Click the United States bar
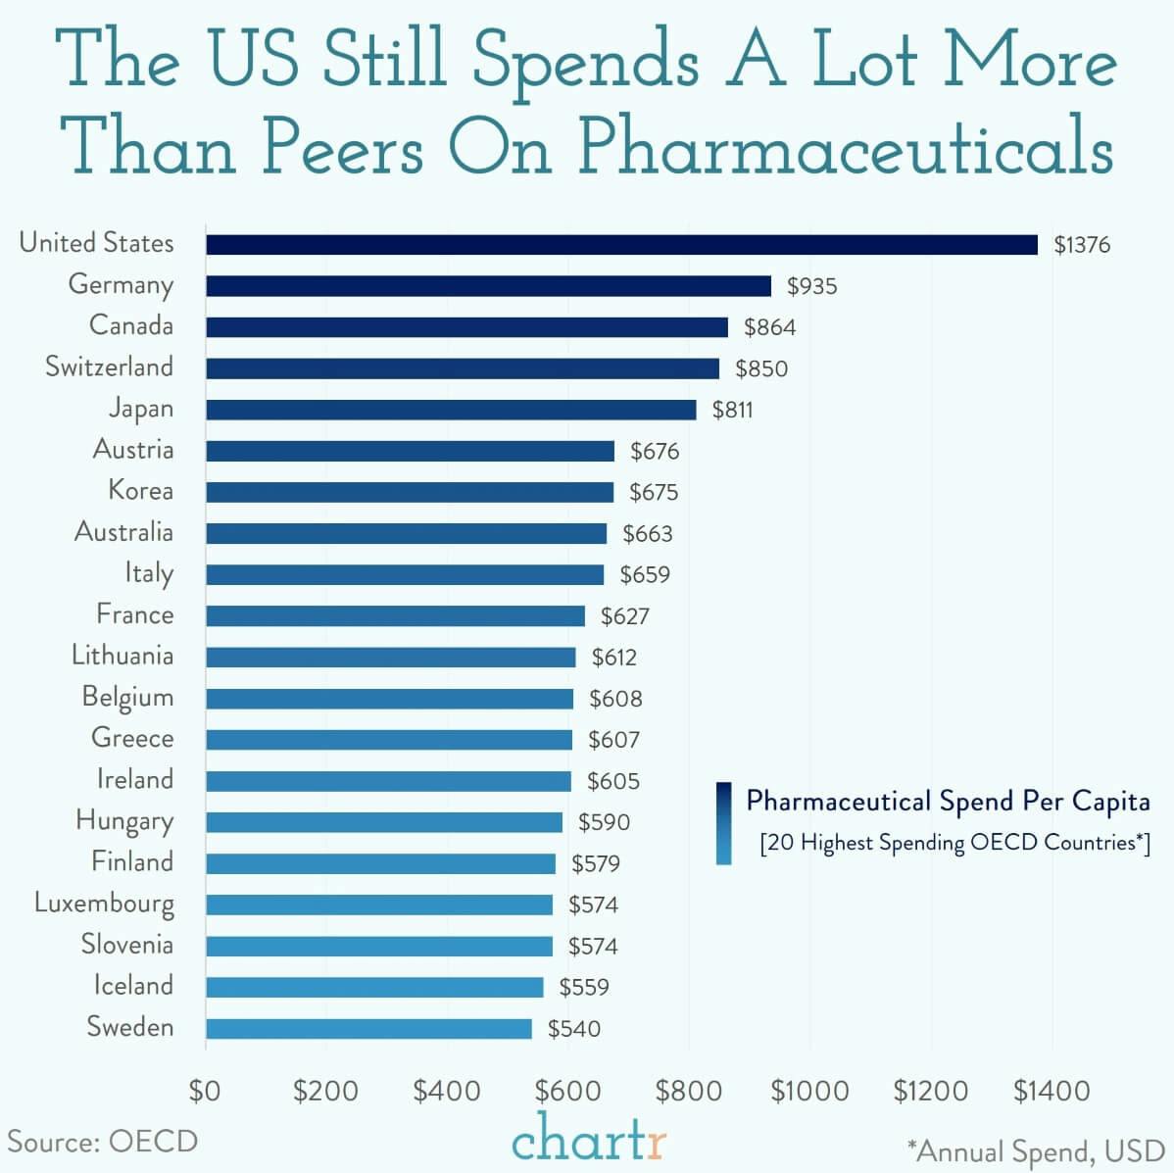(x=621, y=244)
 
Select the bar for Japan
(x=451, y=410)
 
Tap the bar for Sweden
(x=368, y=1028)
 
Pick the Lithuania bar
(x=390, y=657)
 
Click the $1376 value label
(x=1082, y=245)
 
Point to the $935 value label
(x=811, y=286)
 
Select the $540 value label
(x=573, y=1029)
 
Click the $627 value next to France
(x=624, y=616)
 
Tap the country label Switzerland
(x=109, y=367)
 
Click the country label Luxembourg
(x=104, y=903)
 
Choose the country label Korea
(x=140, y=490)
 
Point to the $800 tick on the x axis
(x=689, y=1091)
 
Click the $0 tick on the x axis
(x=205, y=1091)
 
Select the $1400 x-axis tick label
(x=1052, y=1091)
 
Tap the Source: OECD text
(x=103, y=1142)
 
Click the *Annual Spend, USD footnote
(x=1035, y=1150)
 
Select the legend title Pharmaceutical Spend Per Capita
(x=948, y=802)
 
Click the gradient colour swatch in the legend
(x=724, y=823)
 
